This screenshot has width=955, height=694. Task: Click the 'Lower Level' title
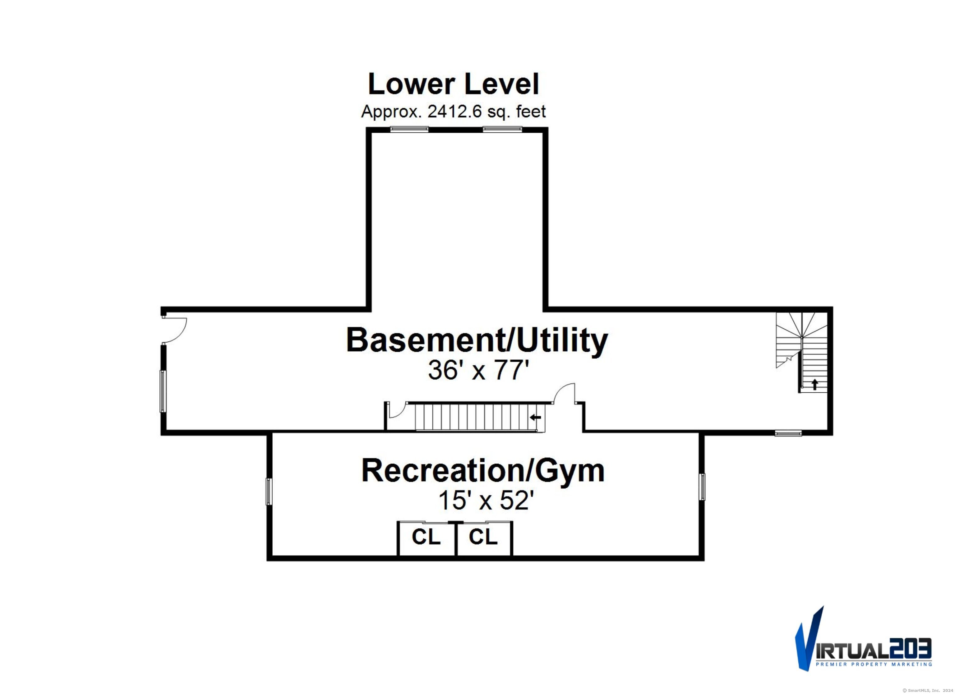pyautogui.click(x=454, y=84)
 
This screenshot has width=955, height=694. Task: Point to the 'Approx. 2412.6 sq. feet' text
pyautogui.click(x=454, y=112)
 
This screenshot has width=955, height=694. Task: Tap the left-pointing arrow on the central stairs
pyautogui.click(x=535, y=418)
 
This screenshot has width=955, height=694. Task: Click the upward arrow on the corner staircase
pyautogui.click(x=814, y=384)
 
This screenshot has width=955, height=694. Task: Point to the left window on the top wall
pyautogui.click(x=409, y=129)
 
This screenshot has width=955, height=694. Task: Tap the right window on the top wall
pyautogui.click(x=502, y=129)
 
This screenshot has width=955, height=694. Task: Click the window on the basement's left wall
pyautogui.click(x=163, y=391)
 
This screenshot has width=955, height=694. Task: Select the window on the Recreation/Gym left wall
pyautogui.click(x=269, y=491)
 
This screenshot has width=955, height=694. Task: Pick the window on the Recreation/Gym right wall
pyautogui.click(x=702, y=486)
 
